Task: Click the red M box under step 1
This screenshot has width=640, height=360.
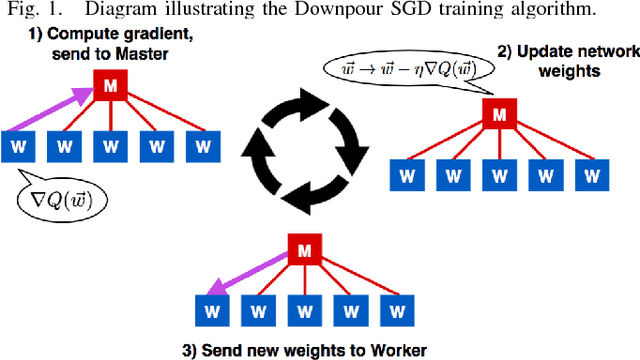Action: (108, 87)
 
